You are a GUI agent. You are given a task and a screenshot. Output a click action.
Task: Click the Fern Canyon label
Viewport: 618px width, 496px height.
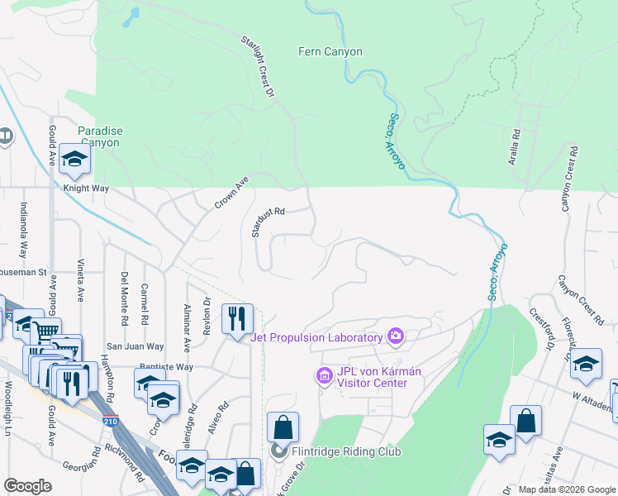(330, 51)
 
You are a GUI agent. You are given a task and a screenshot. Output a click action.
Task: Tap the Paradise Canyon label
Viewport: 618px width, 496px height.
(100, 136)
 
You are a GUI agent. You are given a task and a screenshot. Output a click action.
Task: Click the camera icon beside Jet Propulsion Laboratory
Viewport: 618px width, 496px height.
(396, 336)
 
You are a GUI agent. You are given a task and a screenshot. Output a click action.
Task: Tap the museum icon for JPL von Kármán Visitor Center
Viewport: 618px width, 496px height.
(324, 377)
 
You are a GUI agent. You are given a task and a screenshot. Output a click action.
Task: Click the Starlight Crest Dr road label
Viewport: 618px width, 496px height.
(257, 67)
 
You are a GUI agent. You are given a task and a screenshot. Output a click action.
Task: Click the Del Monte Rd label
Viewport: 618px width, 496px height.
(125, 298)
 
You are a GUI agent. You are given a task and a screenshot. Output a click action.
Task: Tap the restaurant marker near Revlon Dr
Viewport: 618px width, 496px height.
(237, 318)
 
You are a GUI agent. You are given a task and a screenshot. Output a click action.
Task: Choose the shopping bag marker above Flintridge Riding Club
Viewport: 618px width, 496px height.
(283, 427)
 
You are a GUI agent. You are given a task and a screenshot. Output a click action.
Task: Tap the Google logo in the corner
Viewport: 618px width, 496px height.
(28, 487)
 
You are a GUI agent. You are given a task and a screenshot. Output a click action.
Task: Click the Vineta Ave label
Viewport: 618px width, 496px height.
(81, 282)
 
